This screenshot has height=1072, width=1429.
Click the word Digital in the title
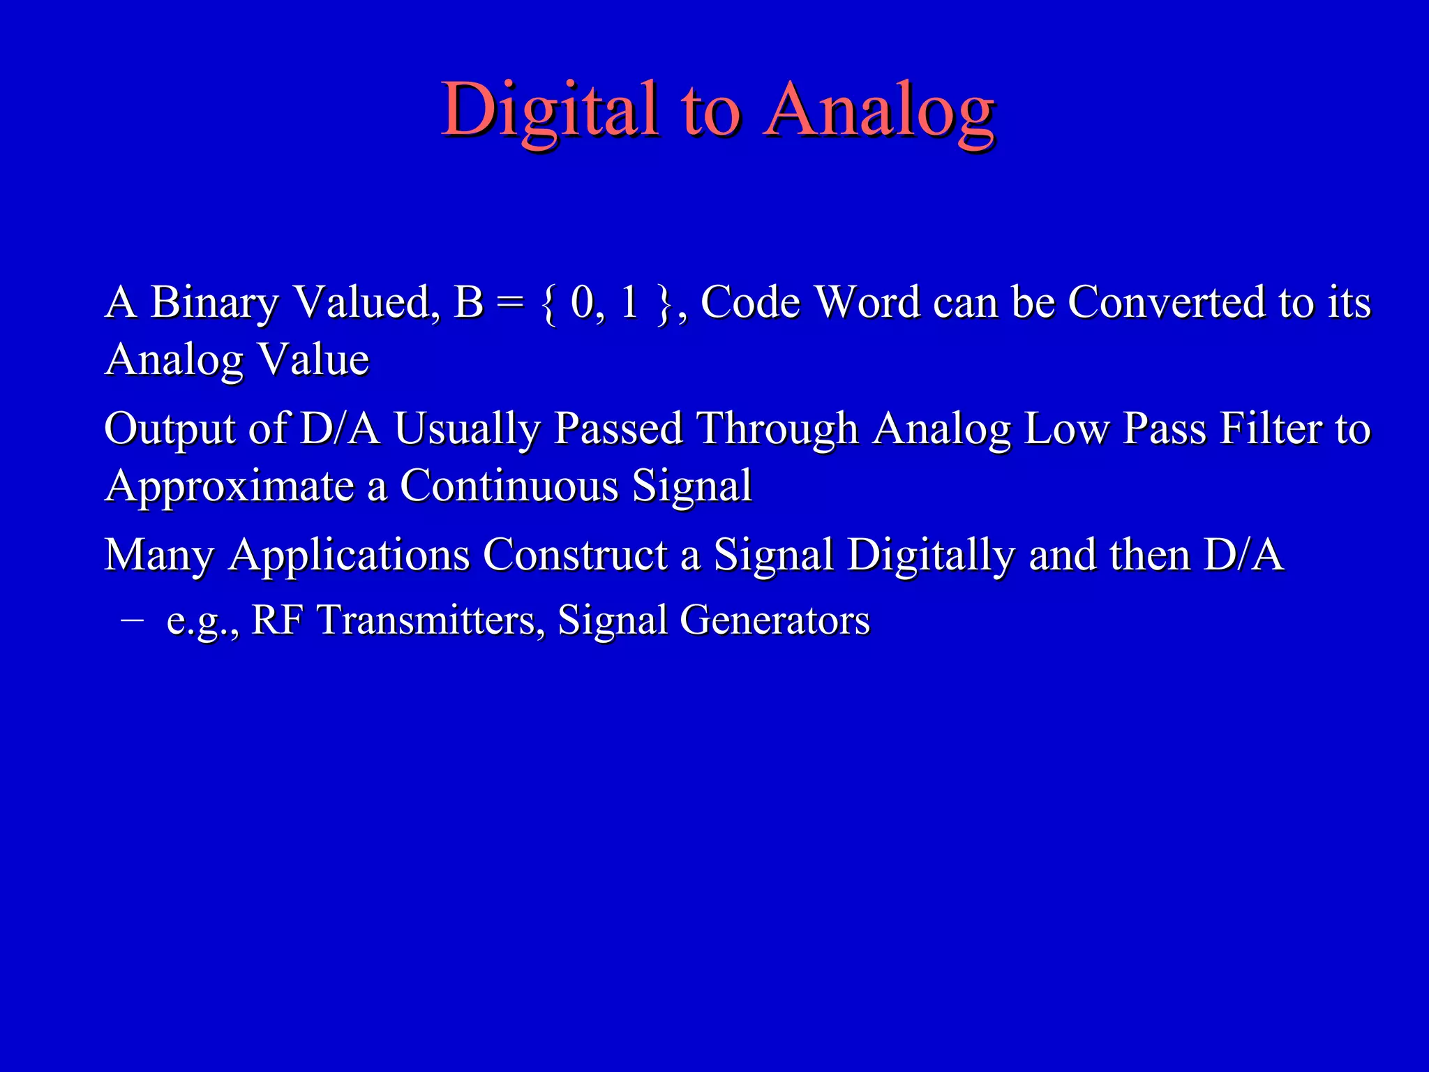coord(551,110)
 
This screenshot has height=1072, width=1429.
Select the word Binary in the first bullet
coord(214,303)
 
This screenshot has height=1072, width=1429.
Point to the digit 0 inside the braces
coord(581,303)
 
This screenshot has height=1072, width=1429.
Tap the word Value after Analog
coord(313,360)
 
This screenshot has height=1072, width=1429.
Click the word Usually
coord(467,429)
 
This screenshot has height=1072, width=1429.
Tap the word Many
coord(159,556)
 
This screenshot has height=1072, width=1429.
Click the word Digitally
coord(932,556)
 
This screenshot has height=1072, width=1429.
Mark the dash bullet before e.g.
coord(131,619)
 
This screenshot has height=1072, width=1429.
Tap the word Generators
coord(775,620)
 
